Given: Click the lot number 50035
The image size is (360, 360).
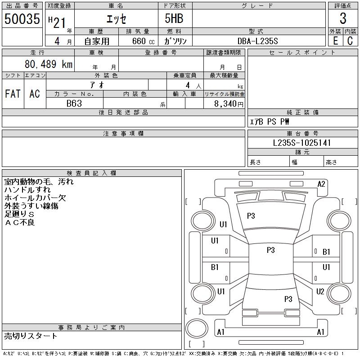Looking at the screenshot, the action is (x=22, y=18).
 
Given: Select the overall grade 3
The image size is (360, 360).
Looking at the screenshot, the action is (x=343, y=18).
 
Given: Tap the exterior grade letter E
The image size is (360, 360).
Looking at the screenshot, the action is (x=335, y=41).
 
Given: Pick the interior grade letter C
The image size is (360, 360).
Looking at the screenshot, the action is (x=350, y=41).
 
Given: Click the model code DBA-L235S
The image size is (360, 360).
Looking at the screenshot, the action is (x=257, y=41).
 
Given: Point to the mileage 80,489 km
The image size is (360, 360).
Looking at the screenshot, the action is (x=49, y=64).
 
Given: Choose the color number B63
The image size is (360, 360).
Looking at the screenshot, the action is (x=74, y=103).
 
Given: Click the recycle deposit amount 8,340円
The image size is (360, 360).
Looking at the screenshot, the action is (x=229, y=104).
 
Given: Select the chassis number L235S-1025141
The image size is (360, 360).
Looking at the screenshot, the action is (x=301, y=143).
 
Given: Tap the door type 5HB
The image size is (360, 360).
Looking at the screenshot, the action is (x=174, y=18).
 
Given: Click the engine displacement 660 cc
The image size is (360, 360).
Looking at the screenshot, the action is (x=144, y=41).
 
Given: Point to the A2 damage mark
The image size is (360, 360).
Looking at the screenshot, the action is (x=321, y=184).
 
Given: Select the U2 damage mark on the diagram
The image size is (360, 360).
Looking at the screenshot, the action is (x=320, y=291).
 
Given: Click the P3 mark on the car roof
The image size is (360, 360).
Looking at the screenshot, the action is (x=271, y=250).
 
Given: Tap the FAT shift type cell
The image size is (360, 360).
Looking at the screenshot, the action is (x=13, y=94).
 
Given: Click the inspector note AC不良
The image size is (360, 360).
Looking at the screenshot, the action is (x=20, y=222).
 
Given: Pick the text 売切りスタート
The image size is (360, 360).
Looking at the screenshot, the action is (x=31, y=336).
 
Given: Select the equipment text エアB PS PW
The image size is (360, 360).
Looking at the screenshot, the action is (x=269, y=121).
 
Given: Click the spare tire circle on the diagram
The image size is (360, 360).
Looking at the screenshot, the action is (x=197, y=328).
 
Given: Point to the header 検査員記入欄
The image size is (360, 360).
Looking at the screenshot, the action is (x=91, y=173).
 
